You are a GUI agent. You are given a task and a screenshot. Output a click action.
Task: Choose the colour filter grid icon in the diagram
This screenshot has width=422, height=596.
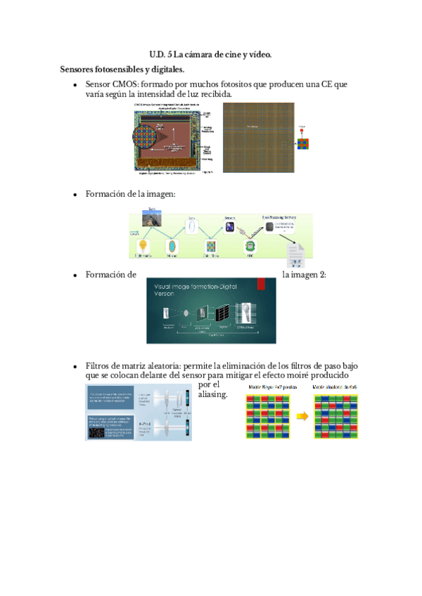click(210, 247)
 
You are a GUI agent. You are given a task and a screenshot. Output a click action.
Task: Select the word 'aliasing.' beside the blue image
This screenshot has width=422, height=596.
click(214, 395)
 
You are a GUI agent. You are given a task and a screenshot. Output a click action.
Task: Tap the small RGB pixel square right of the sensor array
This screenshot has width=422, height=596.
click(302, 145)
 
